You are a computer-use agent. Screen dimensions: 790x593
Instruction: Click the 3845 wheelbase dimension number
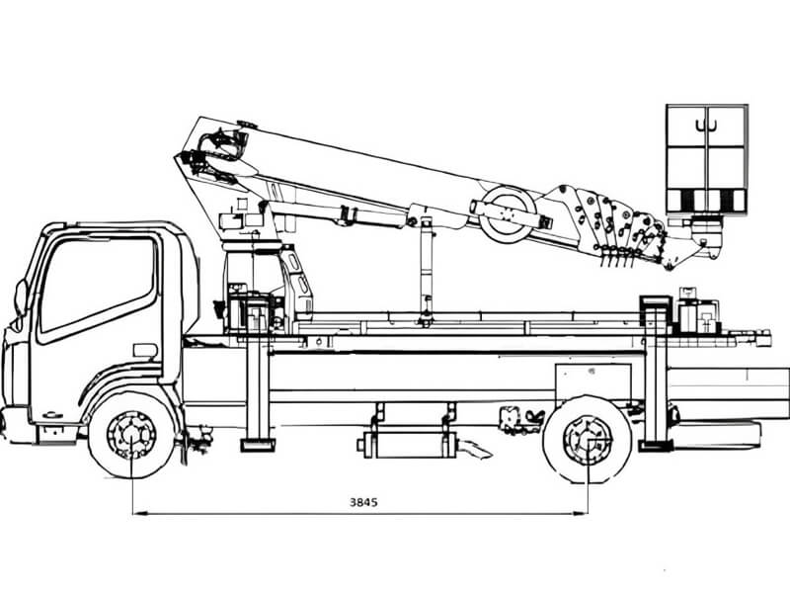tap(363, 502)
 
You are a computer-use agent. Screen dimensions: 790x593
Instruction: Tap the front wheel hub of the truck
tap(131, 435)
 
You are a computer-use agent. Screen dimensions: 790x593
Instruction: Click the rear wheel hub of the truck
tap(588, 439)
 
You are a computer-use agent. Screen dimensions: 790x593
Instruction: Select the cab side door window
tap(98, 285)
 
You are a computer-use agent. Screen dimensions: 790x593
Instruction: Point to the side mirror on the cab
tap(21, 297)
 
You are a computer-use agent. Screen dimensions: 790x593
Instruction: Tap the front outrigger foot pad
tap(258, 446)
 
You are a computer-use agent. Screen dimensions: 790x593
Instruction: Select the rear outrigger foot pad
tap(656, 446)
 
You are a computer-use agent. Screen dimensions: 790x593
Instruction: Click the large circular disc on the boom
tap(507, 214)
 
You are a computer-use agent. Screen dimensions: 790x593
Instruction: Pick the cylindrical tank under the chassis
tap(409, 444)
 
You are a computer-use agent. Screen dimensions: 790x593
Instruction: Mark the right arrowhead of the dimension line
tap(580, 513)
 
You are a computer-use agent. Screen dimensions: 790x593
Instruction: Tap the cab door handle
tap(145, 351)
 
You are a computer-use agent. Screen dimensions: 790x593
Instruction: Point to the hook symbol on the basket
tap(706, 126)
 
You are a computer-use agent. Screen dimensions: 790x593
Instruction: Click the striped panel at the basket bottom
tap(706, 201)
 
